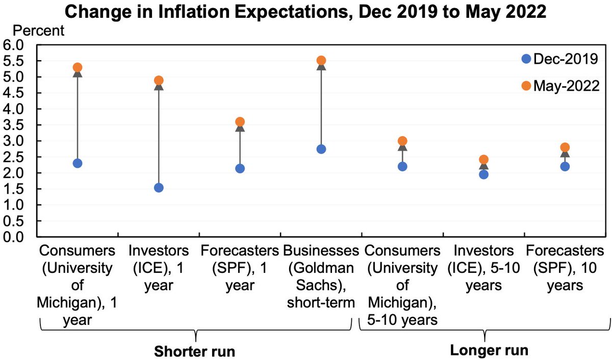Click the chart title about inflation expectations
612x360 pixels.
306,11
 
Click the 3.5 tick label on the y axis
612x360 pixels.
13,125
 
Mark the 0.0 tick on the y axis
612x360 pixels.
13,237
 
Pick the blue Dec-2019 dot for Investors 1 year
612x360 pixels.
159,188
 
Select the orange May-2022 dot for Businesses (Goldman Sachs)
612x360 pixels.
321,61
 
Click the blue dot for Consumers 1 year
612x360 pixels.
78,163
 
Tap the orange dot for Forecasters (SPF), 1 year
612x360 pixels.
240,122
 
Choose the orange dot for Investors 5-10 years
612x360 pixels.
483,160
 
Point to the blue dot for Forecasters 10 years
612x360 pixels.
565,166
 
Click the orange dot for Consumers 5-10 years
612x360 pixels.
402,141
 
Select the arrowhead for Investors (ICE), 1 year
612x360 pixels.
159,87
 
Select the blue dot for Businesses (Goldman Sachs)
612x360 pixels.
321,149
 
